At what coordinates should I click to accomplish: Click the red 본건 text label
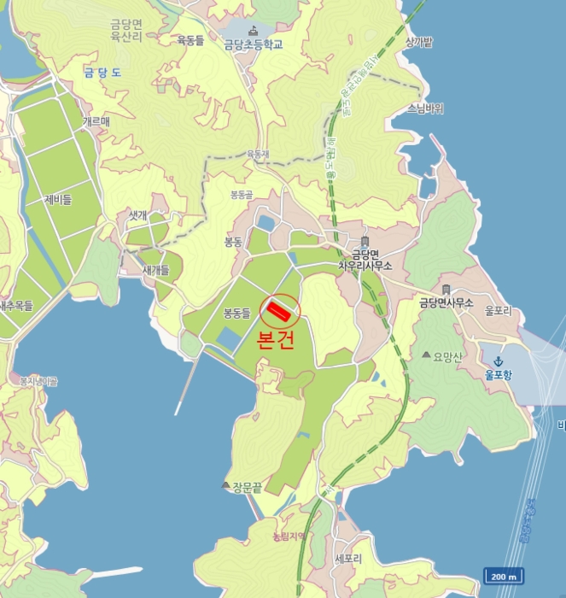(x=277, y=339)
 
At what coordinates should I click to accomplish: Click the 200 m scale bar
(x=504, y=577)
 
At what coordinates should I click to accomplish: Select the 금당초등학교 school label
(x=253, y=45)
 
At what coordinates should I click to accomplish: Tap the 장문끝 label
(x=247, y=486)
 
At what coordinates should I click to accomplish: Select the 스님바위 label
(x=426, y=108)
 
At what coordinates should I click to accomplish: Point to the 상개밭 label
(x=419, y=41)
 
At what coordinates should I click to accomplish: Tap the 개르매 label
(x=96, y=122)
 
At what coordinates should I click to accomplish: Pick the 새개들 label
(x=155, y=269)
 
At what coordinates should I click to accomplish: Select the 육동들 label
(x=190, y=39)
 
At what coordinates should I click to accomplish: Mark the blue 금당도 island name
(x=102, y=73)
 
